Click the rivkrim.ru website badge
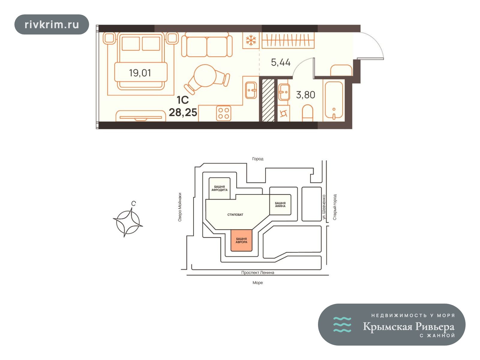point(52,25)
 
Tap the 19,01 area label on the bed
point(140,73)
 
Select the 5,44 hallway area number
point(280,62)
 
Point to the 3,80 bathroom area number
point(305,95)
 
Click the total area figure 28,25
point(183,112)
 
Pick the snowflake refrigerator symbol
point(251,40)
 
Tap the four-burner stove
point(224,113)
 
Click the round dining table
point(205,76)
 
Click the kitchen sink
point(251,90)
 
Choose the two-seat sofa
point(207,45)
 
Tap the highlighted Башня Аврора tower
point(241,240)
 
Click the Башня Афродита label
point(219,188)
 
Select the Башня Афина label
point(280,204)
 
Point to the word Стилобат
point(235,214)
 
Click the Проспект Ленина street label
point(258,273)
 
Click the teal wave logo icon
point(342,325)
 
